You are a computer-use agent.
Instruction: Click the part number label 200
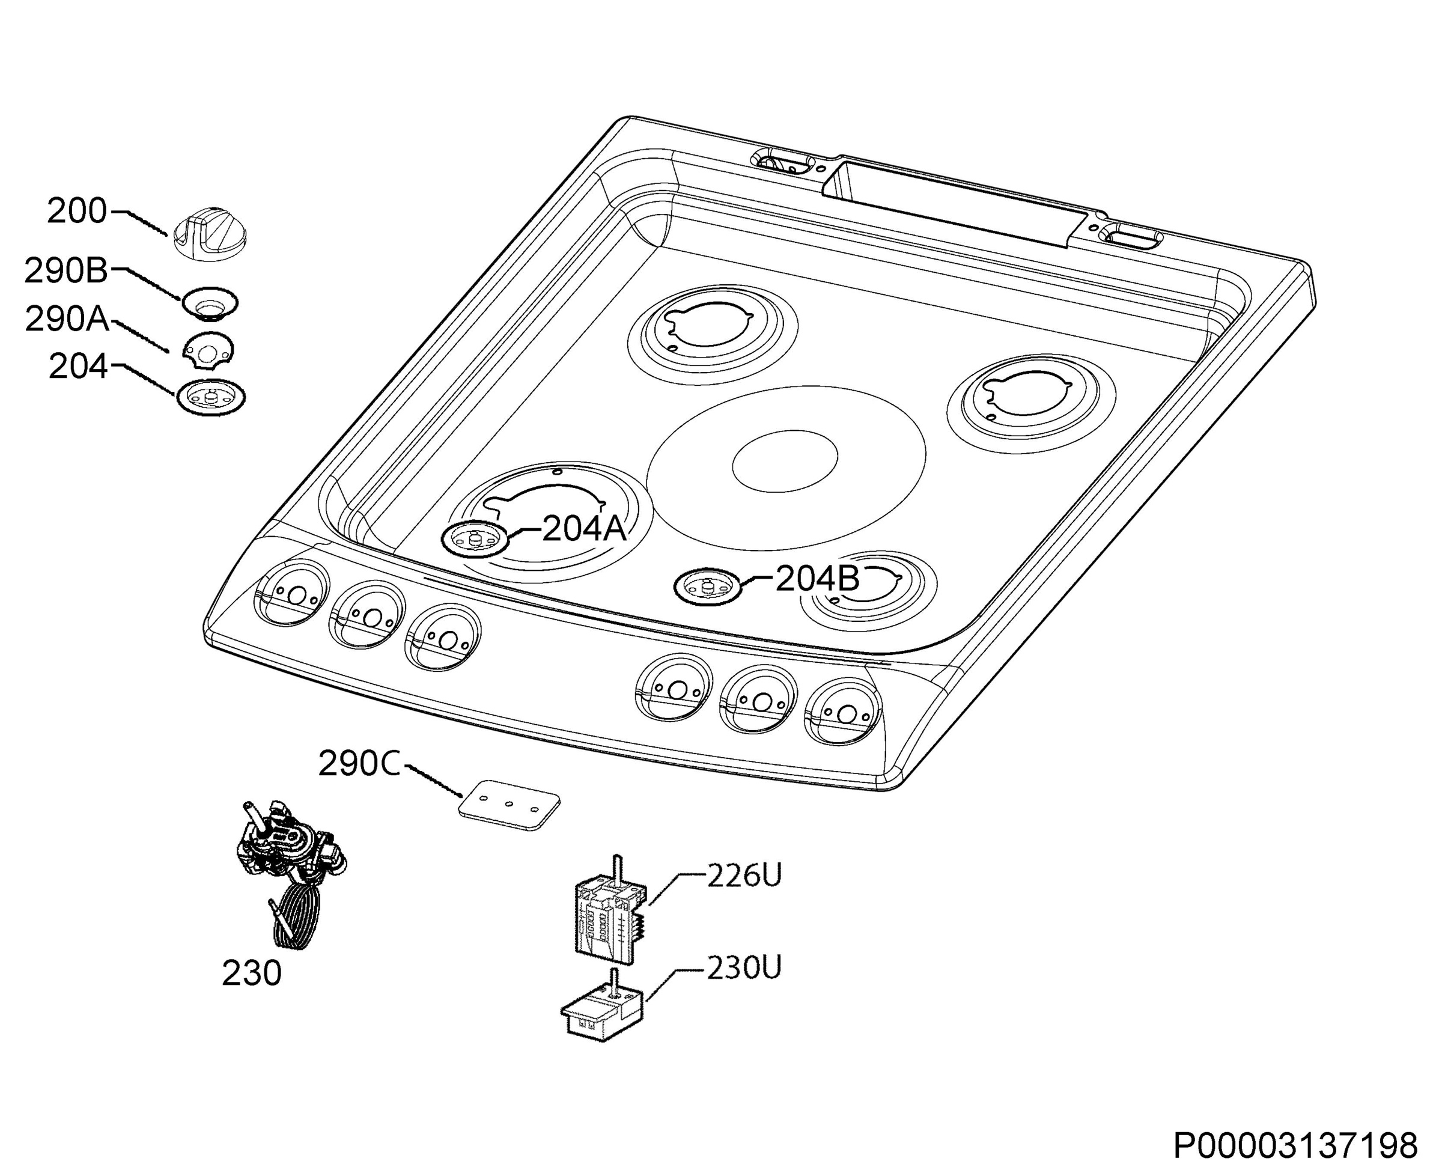tap(76, 212)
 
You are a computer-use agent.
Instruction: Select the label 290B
tap(66, 271)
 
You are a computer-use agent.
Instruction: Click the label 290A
tap(67, 319)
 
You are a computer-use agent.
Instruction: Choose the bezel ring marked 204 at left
tap(211, 397)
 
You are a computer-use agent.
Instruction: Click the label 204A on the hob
tap(585, 528)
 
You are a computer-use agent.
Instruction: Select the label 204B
tap(818, 578)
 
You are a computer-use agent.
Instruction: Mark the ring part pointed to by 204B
tap(708, 586)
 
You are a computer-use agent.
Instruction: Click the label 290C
tap(360, 764)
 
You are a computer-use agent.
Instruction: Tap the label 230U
tap(744, 967)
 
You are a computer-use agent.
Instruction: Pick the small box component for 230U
tap(602, 1011)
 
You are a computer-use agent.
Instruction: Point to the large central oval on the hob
tap(786, 468)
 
